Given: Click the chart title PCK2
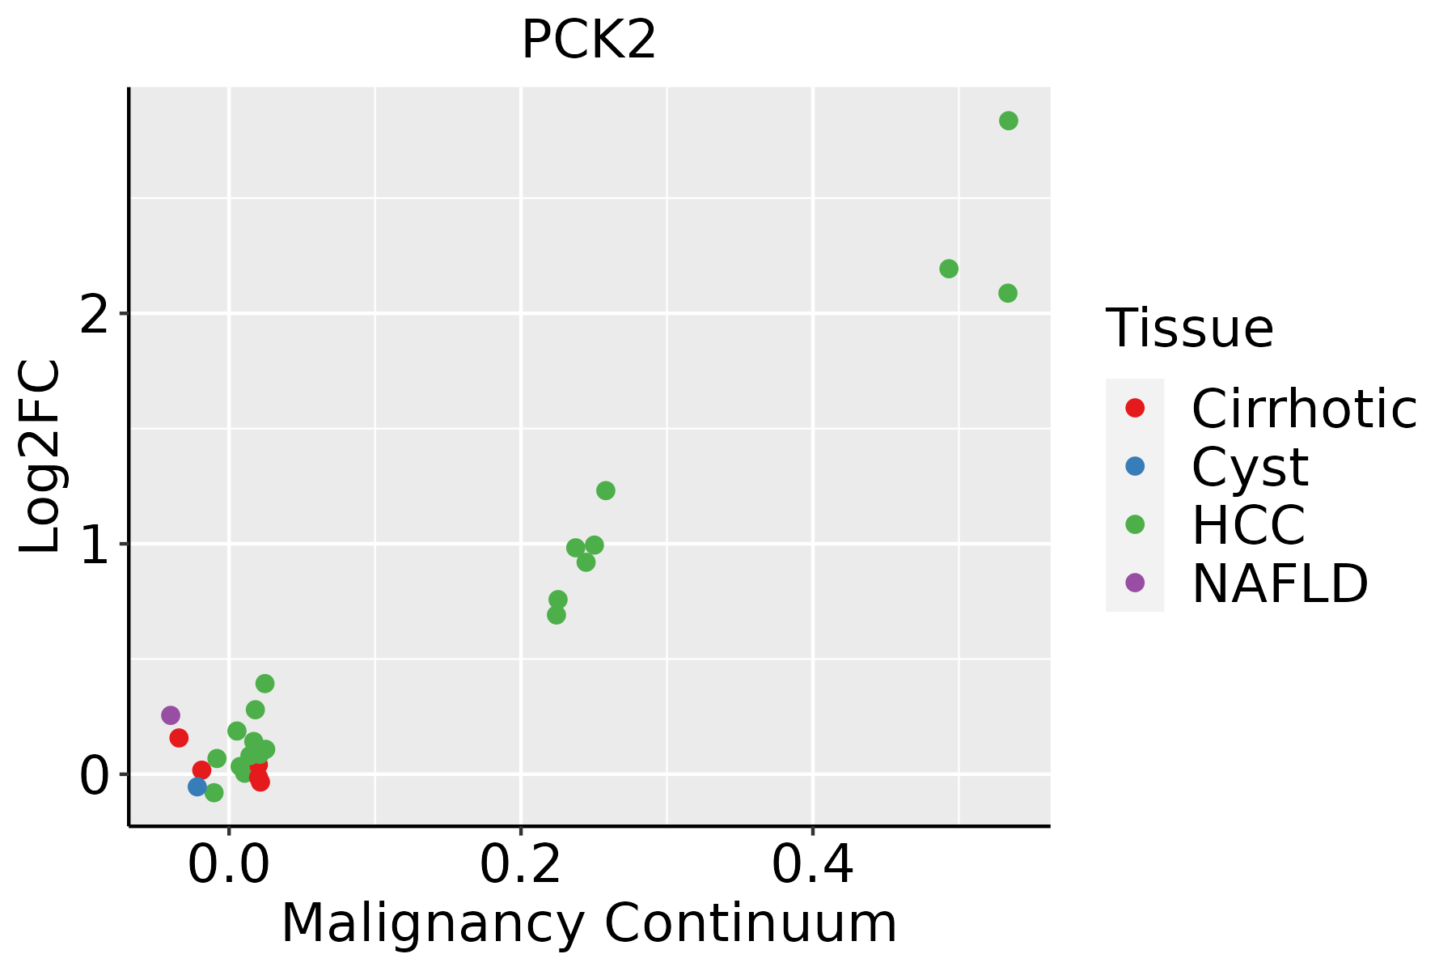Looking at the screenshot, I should click(589, 40).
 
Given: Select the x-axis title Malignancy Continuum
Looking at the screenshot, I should click(589, 924).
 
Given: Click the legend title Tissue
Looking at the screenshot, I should click(1190, 329).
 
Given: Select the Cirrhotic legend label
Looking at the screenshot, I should click(1304, 409).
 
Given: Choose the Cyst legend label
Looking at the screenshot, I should click(1250, 467).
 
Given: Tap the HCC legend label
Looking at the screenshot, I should click(1248, 525).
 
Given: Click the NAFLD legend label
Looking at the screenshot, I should click(1280, 583).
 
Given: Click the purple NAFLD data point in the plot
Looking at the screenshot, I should click(171, 715).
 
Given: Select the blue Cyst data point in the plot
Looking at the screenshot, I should click(197, 787).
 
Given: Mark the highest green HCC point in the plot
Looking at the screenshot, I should click(1009, 121).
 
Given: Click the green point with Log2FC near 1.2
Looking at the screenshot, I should click(606, 490).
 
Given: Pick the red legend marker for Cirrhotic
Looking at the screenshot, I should click(1135, 408).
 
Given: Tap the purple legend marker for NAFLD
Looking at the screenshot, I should click(1135, 583).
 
